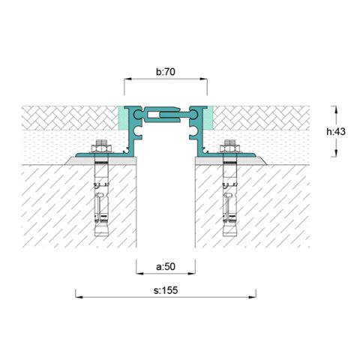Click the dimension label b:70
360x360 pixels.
pos(166,72)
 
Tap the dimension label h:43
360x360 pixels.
pos(336,131)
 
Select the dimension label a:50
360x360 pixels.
pos(166,267)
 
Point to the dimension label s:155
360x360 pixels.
pos(166,290)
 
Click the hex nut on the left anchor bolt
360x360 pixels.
pos(102,148)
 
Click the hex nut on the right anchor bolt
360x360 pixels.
pos(229,148)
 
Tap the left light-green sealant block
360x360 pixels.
pos(122,118)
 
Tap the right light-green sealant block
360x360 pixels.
pos(208,118)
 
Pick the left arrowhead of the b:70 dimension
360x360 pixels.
pos(127,79)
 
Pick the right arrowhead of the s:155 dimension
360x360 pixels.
pos(253,297)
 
